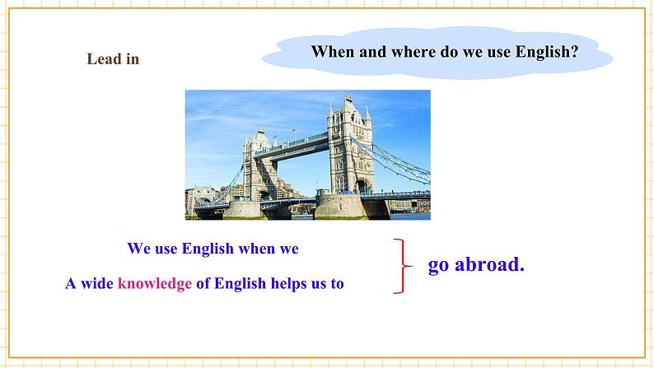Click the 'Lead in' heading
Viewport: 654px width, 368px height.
[113, 58]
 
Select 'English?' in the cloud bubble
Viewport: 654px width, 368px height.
[547, 52]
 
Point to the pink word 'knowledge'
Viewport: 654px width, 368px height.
[155, 283]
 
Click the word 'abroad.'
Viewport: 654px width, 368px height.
[489, 263]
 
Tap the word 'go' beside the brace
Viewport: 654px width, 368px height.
[439, 266]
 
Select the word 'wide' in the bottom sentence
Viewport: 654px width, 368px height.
[96, 283]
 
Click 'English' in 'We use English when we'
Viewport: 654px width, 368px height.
[208, 249]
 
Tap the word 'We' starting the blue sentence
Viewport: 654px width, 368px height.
[139, 249]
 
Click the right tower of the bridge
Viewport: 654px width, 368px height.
[350, 145]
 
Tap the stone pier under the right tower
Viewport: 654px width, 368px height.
[340, 206]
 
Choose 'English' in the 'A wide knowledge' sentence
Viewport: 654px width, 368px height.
[240, 283]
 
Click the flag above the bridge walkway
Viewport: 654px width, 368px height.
[293, 131]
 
